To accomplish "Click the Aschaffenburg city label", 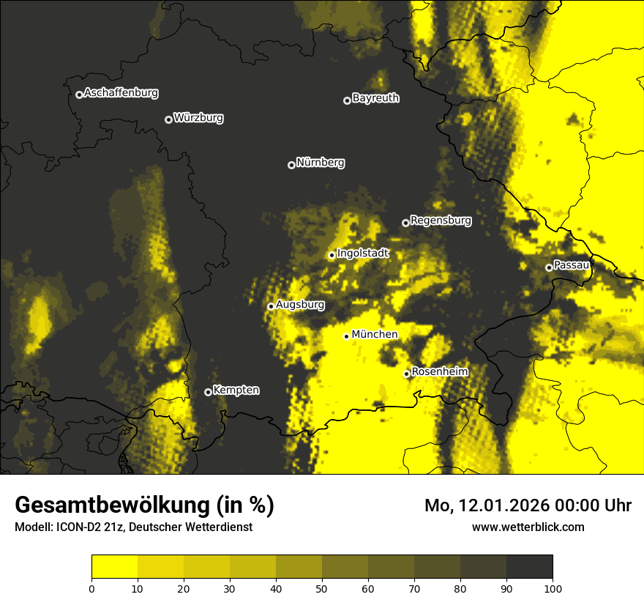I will click(121, 93).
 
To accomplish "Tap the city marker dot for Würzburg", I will click(168, 119).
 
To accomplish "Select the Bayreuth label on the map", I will click(375, 98).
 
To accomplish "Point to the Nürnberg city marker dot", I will click(291, 165).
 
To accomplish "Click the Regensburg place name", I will click(441, 220).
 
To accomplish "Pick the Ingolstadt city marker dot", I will click(332, 256).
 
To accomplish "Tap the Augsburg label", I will click(300, 304).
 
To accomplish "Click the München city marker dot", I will click(346, 336).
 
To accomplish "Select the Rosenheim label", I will click(439, 371).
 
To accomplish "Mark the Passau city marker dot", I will click(549, 267).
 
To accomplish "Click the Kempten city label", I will click(236, 390).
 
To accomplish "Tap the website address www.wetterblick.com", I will click(528, 527).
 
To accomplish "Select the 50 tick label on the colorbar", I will click(322, 587).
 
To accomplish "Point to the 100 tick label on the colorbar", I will click(553, 587).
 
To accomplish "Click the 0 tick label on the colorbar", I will click(91, 587).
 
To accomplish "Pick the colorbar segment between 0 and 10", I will click(114, 567).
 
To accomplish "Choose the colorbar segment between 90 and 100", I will click(529, 567).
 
